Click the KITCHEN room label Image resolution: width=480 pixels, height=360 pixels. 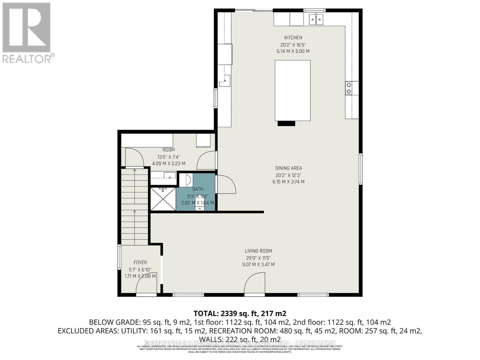(293, 37)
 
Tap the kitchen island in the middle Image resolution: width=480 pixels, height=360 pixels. (292, 90)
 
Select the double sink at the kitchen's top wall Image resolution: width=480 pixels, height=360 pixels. (316, 20)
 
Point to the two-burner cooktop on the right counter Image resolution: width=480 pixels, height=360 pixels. (349, 88)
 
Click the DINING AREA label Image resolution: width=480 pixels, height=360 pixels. (288, 168)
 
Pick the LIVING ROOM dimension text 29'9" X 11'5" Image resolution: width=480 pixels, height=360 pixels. (258, 258)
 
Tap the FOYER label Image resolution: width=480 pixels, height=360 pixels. (140, 262)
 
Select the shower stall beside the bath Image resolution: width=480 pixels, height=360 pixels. (163, 199)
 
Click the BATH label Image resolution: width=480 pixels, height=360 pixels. (198, 189)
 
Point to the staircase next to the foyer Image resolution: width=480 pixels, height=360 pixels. (135, 207)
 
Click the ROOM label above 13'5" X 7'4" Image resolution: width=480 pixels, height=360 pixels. (169, 150)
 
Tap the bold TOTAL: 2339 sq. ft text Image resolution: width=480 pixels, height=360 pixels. (240, 313)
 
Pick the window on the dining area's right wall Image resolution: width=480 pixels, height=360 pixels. (361, 169)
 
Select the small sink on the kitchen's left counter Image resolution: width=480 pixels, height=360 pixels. (225, 80)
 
